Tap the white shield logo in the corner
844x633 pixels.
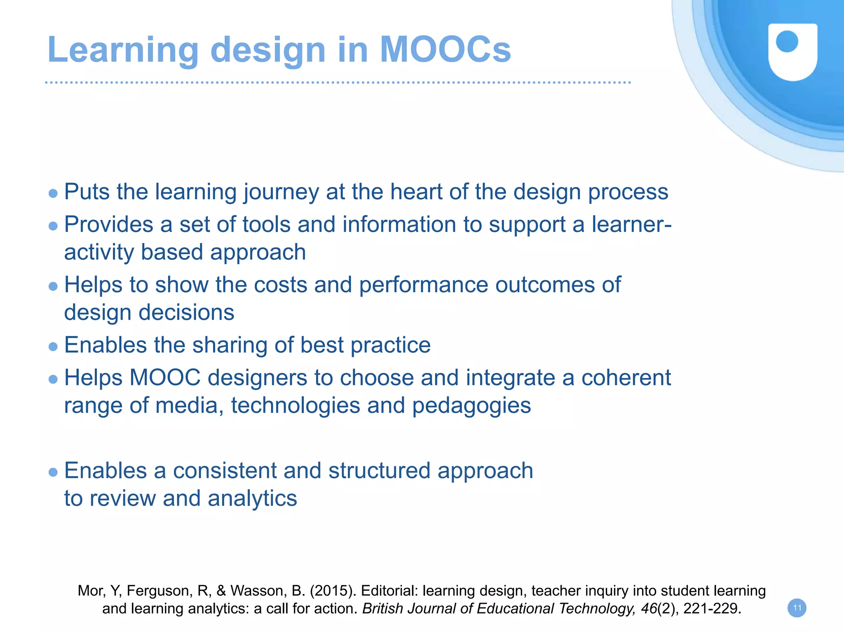792,51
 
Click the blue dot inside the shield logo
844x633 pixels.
787,42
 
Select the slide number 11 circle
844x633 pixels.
797,608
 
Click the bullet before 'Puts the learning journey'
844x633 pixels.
53,193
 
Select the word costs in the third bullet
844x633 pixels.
280,285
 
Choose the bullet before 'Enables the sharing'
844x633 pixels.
53,346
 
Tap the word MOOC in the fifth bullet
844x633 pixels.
165,378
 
